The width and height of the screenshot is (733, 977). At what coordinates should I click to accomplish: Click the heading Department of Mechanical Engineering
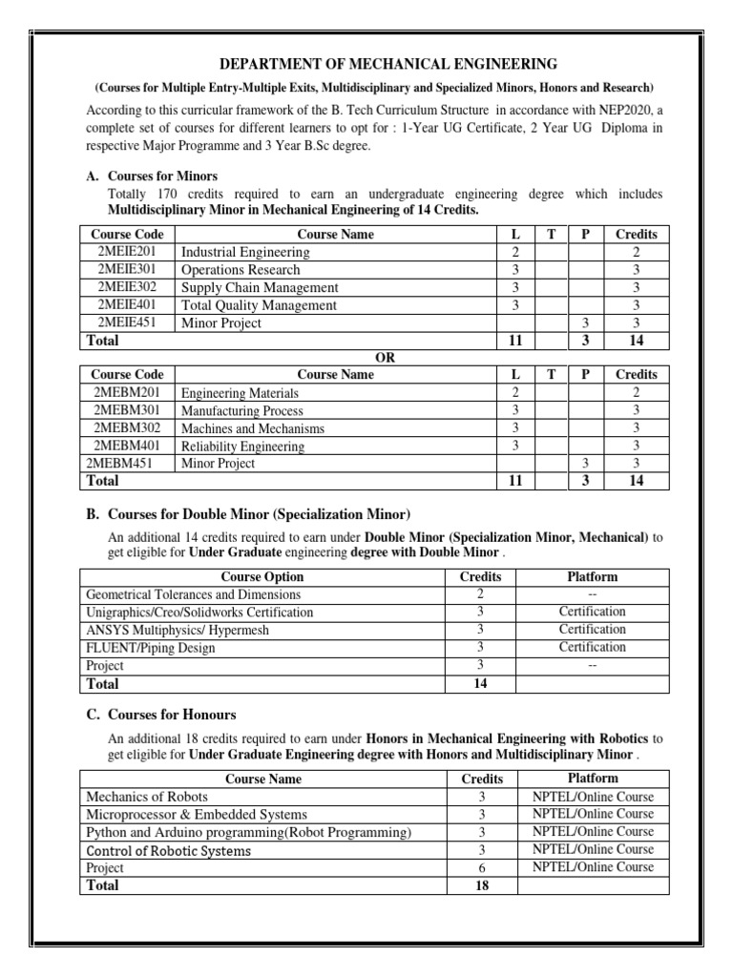pos(375,65)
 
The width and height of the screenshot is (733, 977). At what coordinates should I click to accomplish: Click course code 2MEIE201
pos(128,252)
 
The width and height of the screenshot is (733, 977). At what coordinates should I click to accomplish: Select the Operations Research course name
pos(241,270)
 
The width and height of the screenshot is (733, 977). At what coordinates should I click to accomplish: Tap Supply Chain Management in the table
pos(260,287)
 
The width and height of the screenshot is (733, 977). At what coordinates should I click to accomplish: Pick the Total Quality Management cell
pos(259,305)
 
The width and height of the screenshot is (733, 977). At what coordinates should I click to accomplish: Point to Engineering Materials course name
pos(240,393)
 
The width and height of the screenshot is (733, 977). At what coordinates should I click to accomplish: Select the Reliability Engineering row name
pos(242,446)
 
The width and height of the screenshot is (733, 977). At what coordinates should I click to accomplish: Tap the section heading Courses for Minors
pos(163,176)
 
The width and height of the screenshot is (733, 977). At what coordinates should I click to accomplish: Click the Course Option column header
pos(262,576)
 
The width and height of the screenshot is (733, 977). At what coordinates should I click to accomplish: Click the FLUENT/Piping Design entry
pos(151,648)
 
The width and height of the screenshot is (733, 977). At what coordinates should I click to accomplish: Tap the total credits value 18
pos(482,885)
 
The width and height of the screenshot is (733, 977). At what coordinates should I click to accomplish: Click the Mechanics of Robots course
pos(147,797)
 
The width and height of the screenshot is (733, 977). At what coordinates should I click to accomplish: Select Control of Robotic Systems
pos(169,850)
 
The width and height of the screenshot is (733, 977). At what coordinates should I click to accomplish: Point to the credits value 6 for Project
pos(482,867)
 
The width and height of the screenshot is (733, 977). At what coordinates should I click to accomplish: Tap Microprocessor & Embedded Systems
pos(197,814)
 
